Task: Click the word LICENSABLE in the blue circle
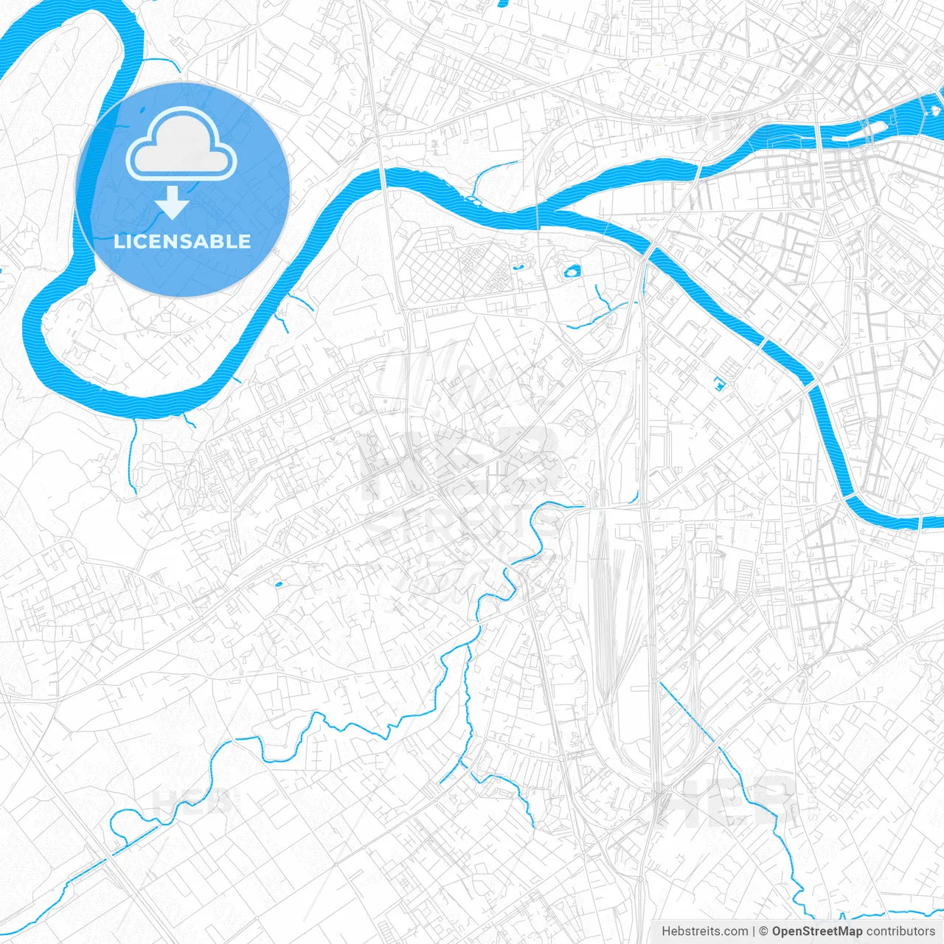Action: coord(182,241)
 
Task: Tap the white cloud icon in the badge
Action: coord(181,145)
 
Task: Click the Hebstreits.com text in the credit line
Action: coord(704,931)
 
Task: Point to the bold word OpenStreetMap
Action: coord(816,931)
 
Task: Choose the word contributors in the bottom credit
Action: coord(900,931)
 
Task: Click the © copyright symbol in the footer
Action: coord(764,931)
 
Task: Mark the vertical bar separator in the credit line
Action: coord(754,931)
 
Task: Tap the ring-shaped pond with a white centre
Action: coord(572,273)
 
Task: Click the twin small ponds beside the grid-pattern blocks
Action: coord(518,263)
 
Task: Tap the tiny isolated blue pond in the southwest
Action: coord(278,585)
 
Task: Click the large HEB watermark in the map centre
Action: coord(457,465)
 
